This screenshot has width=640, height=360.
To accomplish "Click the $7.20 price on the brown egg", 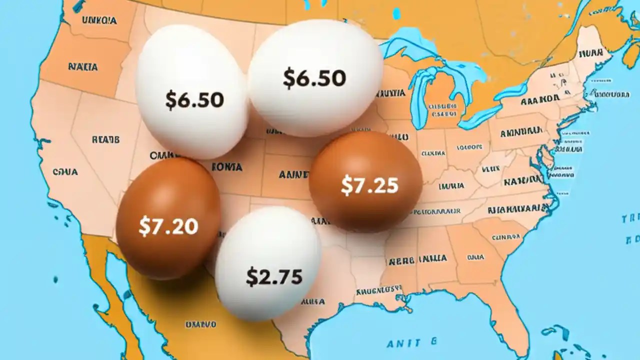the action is (168, 226).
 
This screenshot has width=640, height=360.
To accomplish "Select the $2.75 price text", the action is (274, 276).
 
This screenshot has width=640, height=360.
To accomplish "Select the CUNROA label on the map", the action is (505, 237).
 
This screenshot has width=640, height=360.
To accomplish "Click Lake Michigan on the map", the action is (420, 95).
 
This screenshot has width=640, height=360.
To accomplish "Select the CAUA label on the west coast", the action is (65, 172).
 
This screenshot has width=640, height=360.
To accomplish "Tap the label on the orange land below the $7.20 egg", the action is (200, 324).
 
